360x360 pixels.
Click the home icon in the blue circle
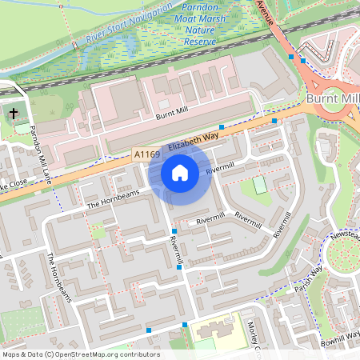(180, 172)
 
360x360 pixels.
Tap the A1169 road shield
(147, 154)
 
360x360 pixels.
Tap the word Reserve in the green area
(201, 41)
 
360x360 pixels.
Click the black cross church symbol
(14, 113)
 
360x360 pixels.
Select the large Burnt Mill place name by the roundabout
(332, 98)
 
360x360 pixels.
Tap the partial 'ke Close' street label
(14, 186)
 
